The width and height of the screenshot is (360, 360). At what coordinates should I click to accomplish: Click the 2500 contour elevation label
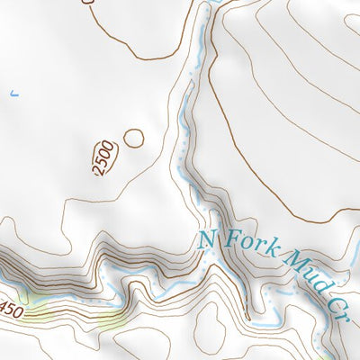(105, 158)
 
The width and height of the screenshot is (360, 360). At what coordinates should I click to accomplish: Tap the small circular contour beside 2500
(133, 139)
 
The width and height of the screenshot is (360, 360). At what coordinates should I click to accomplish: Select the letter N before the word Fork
(208, 241)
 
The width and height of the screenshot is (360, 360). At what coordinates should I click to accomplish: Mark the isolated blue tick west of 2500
(13, 92)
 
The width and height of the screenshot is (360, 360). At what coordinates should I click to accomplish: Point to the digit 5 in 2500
(103, 162)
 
